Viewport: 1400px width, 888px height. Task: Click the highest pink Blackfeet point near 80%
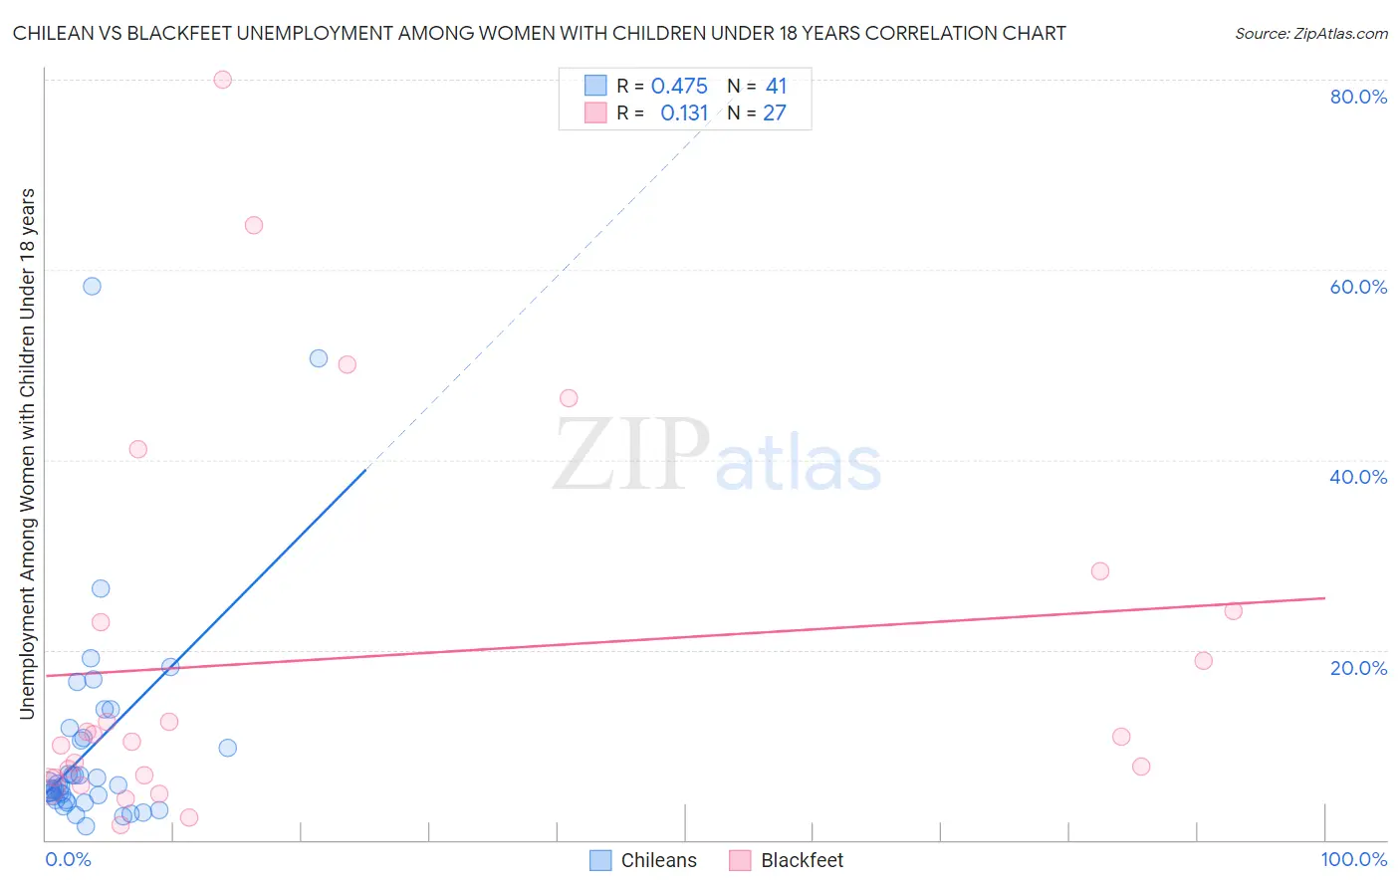(223, 80)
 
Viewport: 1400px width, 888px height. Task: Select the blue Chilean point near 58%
(92, 286)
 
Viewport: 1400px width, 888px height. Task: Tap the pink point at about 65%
(254, 225)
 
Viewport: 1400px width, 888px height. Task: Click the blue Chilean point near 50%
(319, 358)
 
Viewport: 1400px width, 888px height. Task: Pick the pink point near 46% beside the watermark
(569, 398)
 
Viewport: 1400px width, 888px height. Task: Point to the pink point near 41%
(138, 449)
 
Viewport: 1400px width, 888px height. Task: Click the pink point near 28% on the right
(1100, 571)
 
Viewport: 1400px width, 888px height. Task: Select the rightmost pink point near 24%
(1234, 611)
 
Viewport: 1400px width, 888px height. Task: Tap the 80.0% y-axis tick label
(1358, 97)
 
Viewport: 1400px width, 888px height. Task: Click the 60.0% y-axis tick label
(1358, 287)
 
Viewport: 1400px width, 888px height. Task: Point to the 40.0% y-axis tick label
(1358, 477)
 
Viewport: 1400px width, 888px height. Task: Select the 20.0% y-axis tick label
(1358, 668)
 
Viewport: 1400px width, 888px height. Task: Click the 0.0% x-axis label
(68, 859)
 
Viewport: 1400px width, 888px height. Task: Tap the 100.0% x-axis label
(1353, 859)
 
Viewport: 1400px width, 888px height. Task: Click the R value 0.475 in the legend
(679, 87)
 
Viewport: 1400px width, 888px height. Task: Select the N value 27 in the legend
(775, 113)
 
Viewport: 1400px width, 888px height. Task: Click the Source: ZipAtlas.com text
(1310, 34)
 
